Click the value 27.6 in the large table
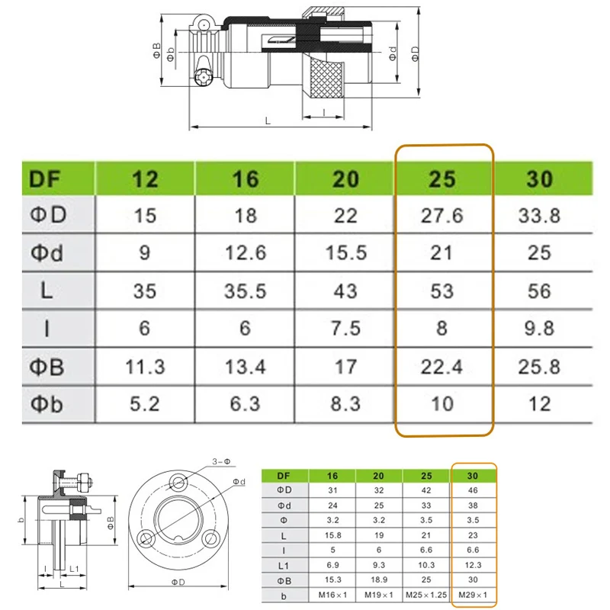442,216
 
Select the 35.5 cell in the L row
245,291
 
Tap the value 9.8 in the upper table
539,328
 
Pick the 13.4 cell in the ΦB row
245,367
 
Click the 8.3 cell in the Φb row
345,403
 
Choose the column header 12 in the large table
145,179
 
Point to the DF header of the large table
44,179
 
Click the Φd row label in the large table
47,253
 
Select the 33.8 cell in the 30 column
539,216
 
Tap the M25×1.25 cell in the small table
426,595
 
